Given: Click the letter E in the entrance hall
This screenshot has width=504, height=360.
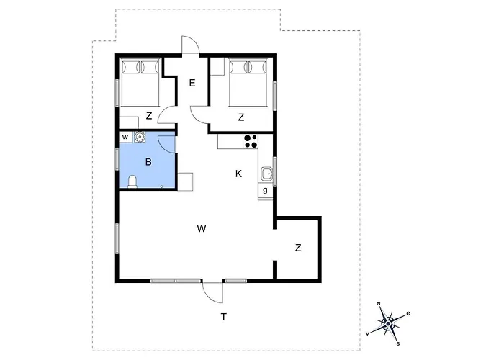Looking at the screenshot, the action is [x=192, y=84].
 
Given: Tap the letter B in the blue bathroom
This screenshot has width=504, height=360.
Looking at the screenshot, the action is [x=148, y=162].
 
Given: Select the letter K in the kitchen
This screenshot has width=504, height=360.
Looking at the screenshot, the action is [x=238, y=174].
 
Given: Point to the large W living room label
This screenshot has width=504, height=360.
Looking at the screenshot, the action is [x=202, y=228].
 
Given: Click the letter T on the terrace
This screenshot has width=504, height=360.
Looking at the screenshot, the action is [x=224, y=317].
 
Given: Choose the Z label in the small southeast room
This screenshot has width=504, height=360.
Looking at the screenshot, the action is [x=298, y=248].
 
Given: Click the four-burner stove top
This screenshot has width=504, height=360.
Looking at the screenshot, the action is [x=251, y=141].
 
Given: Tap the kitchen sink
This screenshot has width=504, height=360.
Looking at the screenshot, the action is [x=267, y=174].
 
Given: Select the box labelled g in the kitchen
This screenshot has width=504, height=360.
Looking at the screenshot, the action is [x=265, y=191].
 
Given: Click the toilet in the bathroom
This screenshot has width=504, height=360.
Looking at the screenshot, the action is [x=132, y=181].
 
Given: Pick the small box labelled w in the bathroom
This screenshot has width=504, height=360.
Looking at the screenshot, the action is [x=125, y=138].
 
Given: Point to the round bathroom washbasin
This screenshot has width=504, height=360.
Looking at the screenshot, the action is [x=140, y=137].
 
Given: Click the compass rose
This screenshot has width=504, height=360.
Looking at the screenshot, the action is [x=389, y=323].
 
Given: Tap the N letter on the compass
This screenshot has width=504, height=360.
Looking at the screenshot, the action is [x=379, y=304].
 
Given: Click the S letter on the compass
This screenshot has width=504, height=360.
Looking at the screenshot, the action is [x=398, y=343].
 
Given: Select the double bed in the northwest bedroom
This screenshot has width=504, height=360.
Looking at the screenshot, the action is [x=140, y=82].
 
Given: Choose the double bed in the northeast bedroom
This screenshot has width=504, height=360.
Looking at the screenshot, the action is [x=248, y=82].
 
